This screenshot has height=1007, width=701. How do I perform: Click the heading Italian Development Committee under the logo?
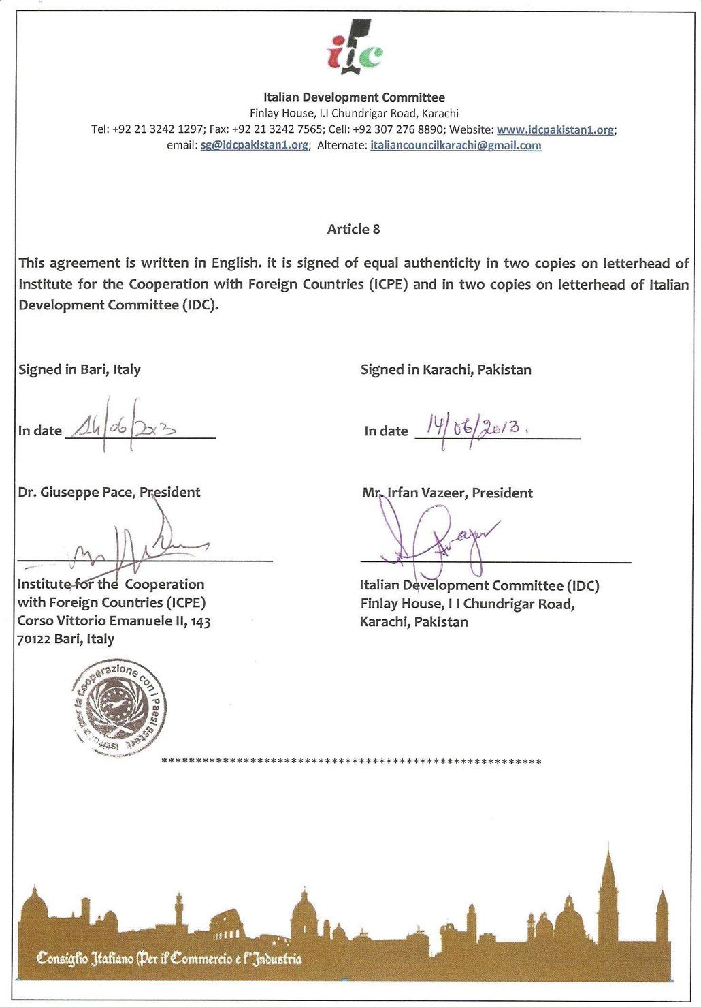[x=354, y=97]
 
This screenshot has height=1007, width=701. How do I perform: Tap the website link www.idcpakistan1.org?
[x=555, y=129]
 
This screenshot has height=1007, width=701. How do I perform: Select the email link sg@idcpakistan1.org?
[x=254, y=145]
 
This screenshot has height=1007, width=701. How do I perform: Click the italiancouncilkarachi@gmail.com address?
[x=455, y=145]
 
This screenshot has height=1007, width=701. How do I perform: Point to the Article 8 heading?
[x=353, y=229]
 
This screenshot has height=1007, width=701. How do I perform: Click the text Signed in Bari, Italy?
[x=79, y=369]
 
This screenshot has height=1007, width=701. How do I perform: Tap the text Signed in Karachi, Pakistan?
[x=446, y=369]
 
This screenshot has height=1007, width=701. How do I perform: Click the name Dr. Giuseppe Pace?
[x=76, y=492]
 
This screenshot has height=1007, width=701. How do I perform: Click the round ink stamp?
[x=119, y=708]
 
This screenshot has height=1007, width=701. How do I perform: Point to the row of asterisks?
[x=351, y=761]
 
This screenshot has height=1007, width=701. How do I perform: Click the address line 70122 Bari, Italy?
[x=65, y=639]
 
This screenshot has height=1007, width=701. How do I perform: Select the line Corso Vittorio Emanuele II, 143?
[x=114, y=621]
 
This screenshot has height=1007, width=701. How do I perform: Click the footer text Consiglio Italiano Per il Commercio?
[x=169, y=959]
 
